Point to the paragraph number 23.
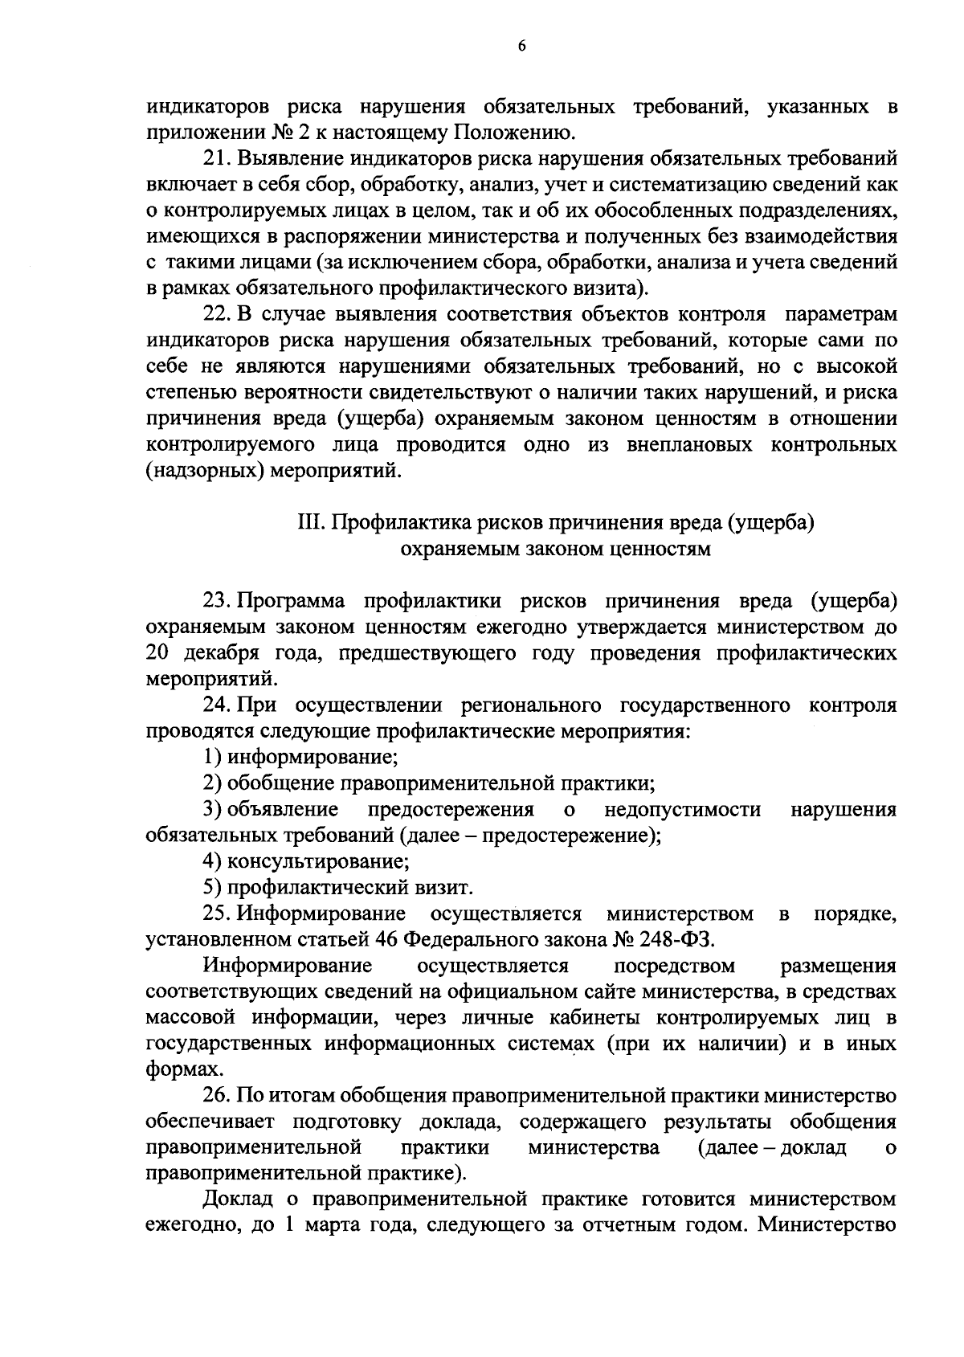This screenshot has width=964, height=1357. (218, 602)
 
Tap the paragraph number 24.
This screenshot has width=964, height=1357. (218, 706)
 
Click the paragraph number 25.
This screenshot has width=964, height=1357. (218, 914)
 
